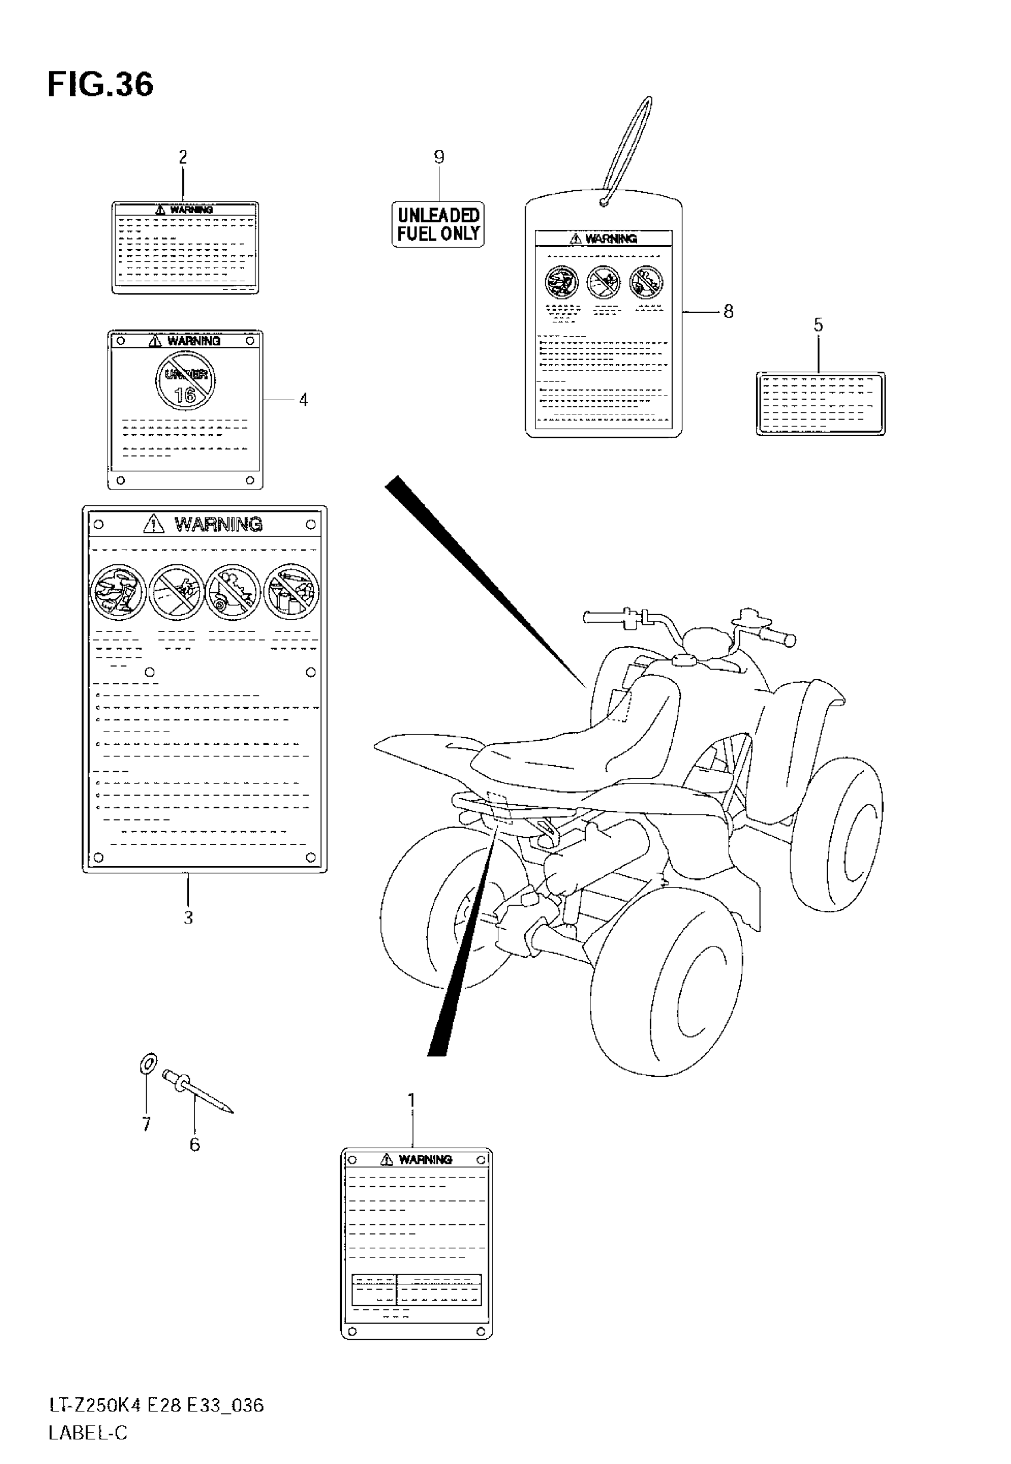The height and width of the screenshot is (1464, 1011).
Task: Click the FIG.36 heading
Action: pos(100,85)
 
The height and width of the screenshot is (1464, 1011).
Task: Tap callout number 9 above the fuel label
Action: pos(439,156)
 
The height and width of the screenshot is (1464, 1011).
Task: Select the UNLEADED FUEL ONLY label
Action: pos(438,225)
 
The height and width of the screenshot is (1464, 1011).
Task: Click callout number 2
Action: pos(183,156)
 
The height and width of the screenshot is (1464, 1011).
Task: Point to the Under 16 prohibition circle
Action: pos(186,381)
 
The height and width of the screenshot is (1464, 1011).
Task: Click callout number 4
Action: pos(303,400)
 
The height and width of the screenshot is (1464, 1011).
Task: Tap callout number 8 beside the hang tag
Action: pos(729,312)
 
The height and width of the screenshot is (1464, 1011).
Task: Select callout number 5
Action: pos(818,325)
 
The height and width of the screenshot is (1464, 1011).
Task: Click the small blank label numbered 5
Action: pos(820,403)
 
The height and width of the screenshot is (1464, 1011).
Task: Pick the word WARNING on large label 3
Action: pos(218,524)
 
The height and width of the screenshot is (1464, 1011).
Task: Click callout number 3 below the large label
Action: pos(188,918)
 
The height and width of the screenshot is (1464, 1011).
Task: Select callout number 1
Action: pos(412,1101)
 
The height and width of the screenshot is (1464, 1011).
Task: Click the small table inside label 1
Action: pos(416,1289)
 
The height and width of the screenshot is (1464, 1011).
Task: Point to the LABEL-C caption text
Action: pos(87,1433)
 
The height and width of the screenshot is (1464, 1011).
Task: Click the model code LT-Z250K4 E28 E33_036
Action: pos(156,1406)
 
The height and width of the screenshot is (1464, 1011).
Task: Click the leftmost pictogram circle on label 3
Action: pos(118,593)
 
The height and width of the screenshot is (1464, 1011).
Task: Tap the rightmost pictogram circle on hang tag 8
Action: pos(646,282)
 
